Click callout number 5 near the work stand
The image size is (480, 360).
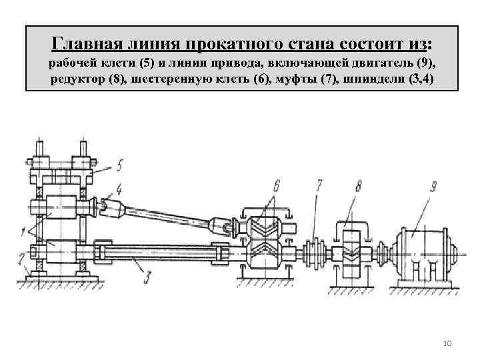[x=119, y=162]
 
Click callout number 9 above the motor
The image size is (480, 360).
[x=433, y=186]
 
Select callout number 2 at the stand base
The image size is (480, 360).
[x=21, y=257]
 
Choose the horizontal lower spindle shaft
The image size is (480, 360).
[x=160, y=253]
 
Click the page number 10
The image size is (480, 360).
[x=447, y=343]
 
